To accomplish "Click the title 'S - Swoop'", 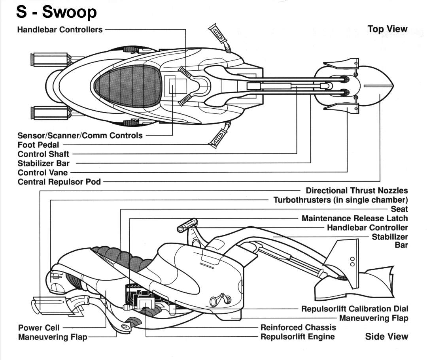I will pos(57,12).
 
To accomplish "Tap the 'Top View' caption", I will pos(387,29).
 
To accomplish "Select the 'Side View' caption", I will pos(386,337).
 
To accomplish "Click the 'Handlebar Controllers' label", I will pos(60,30).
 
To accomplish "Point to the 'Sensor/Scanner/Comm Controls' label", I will pos(80,136).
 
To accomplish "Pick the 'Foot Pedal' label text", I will pos(38,145).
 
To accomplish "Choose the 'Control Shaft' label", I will pos(43,154).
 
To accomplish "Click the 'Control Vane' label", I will pos(43,173).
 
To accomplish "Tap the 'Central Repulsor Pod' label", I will pos(59,182).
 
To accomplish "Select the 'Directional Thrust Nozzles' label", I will pos(357,191).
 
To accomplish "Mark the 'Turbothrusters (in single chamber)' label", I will pos(340,200).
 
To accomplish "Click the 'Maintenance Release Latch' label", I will pos(354,219).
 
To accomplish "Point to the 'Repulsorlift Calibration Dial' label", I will pos(355,309).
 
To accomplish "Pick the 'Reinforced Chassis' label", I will pos(298,328).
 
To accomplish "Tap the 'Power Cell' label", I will pos(39,328).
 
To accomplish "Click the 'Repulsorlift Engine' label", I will pos(297,337).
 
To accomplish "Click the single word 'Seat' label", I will pos(399,209).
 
